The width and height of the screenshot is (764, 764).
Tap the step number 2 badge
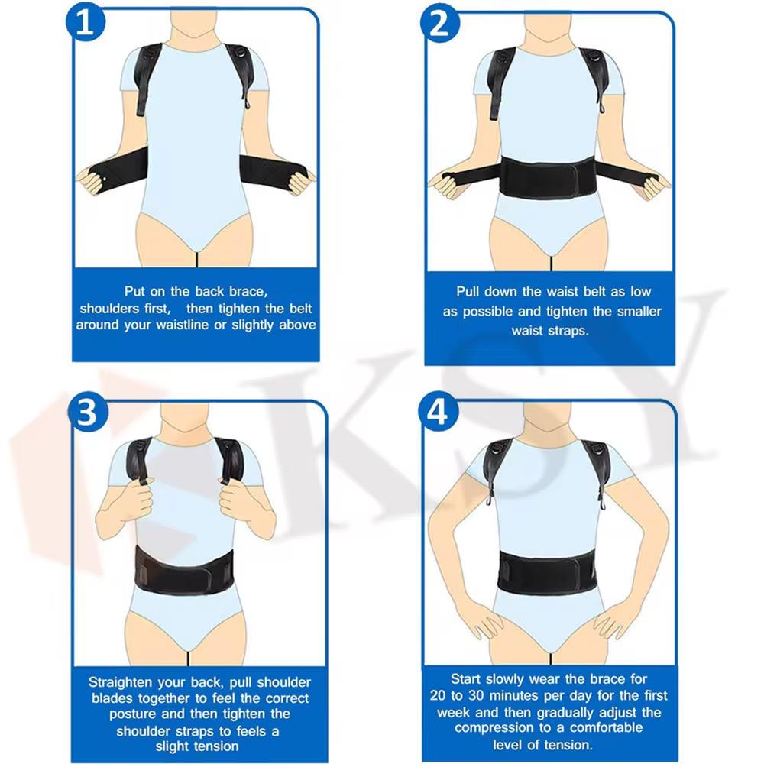440,23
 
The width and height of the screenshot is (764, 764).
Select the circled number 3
88,413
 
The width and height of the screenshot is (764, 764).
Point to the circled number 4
439,413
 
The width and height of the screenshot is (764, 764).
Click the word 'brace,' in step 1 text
248,291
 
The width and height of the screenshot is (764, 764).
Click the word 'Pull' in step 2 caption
467,291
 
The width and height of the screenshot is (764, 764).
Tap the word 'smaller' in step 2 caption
639,312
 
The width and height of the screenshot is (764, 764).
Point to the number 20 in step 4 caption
438,695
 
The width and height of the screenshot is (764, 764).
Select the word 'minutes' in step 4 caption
516,695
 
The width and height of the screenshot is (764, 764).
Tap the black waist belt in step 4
546,573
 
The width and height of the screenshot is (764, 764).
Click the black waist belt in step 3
183,570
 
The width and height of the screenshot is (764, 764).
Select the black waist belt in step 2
549,177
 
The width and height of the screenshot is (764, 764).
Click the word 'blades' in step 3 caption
112,698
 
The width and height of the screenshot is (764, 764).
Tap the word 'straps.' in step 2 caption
568,331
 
